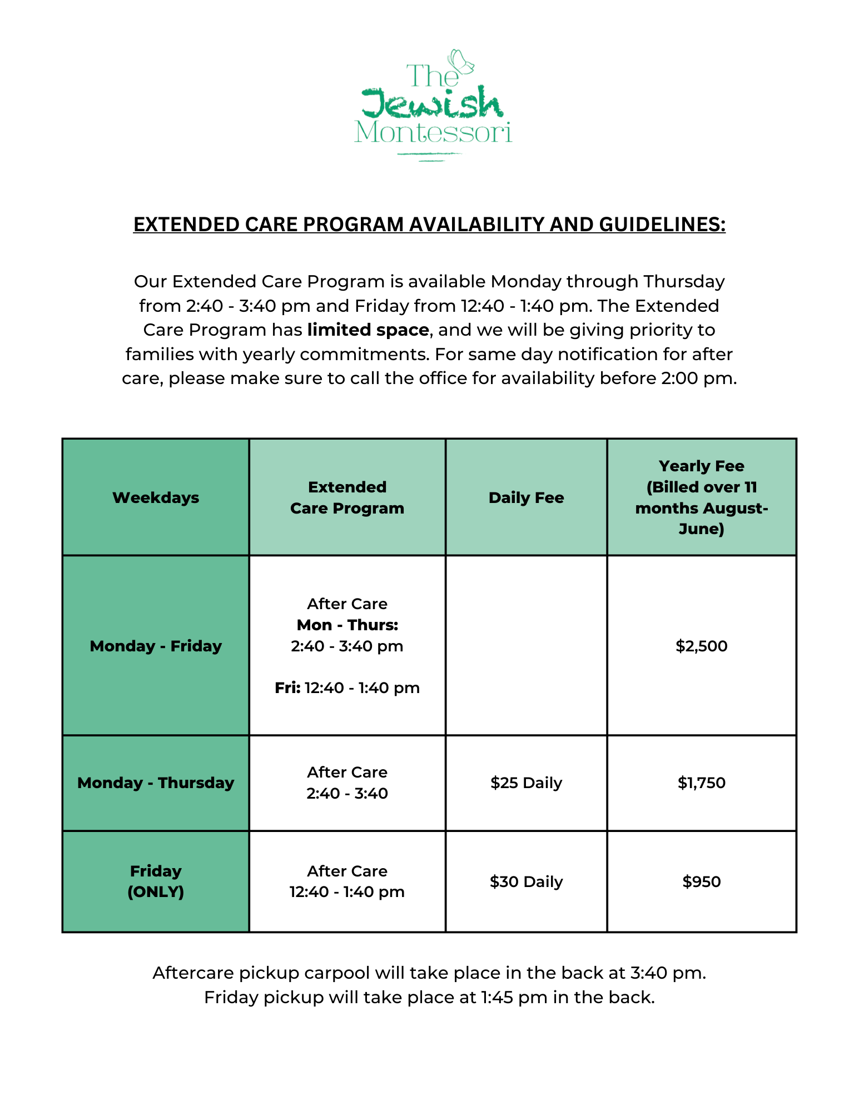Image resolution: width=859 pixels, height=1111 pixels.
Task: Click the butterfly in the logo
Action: point(461,62)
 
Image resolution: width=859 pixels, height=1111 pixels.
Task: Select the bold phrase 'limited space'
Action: point(368,330)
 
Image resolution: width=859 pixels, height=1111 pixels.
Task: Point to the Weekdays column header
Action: point(156,497)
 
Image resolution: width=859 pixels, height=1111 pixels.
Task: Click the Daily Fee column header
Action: point(526,497)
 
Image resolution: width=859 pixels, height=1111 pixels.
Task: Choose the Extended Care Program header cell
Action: point(347,497)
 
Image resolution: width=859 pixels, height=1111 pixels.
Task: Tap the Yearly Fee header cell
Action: point(701,497)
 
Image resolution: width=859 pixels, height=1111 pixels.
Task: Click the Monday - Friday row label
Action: point(156,646)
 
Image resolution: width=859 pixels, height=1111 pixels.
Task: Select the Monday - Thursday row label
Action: point(156,783)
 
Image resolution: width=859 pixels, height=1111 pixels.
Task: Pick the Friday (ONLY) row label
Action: point(156,881)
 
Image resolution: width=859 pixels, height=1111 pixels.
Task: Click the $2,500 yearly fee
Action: point(701,646)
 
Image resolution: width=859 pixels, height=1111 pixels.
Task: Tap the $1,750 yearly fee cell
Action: point(701,783)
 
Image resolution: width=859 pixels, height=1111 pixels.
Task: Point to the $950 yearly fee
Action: point(701,881)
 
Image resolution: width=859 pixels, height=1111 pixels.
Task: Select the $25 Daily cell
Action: point(526,783)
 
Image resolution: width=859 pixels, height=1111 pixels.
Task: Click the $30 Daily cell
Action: point(526,881)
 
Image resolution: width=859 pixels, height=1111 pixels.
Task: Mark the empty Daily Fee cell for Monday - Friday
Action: point(526,646)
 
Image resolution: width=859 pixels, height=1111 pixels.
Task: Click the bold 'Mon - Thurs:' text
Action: point(347,625)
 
